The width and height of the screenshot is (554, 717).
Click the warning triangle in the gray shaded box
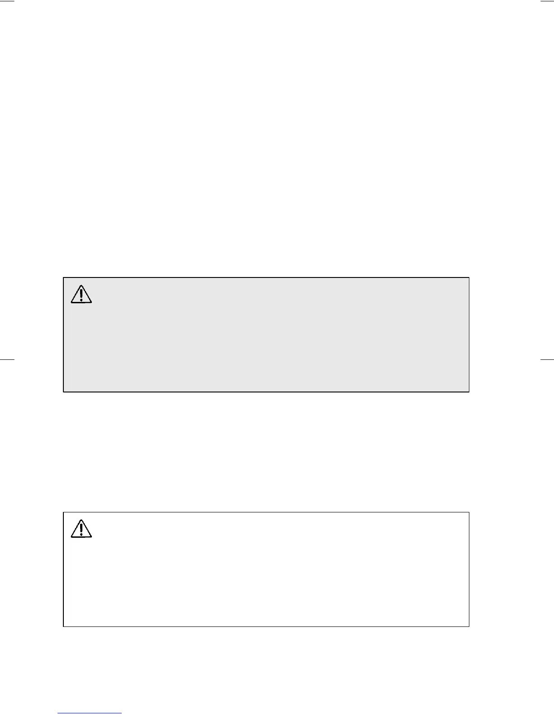pos(81,294)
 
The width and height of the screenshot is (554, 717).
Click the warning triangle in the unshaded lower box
pos(81,529)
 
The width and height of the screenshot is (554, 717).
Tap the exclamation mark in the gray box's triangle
pos(81,295)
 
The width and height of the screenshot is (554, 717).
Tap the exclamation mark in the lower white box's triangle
pos(81,530)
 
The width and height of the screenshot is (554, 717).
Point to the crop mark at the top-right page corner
pos(547,1)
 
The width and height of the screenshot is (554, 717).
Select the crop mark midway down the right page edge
pos(547,359)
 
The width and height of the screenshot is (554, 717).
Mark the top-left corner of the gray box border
pos(63,277)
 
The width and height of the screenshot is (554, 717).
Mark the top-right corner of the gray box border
pos(469,277)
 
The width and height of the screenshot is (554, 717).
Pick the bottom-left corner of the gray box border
pos(63,392)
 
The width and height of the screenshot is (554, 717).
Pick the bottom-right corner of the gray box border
pos(469,392)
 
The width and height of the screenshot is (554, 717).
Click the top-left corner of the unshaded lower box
pos(63,512)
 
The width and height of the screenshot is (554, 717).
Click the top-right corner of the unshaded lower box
pos(469,512)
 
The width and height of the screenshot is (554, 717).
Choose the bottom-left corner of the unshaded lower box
pos(63,626)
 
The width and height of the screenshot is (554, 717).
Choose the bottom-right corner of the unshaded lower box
pos(469,626)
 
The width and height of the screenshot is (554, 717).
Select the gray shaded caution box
pos(266,335)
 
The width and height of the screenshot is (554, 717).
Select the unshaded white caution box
pos(266,569)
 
